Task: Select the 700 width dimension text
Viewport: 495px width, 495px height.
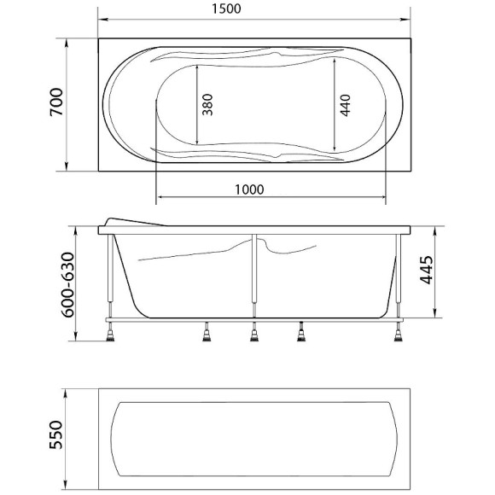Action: pyautogui.click(x=56, y=104)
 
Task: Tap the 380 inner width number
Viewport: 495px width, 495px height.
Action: pyautogui.click(x=208, y=104)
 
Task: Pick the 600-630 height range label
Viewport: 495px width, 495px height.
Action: pyautogui.click(x=56, y=286)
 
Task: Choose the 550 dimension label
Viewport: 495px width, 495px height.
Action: pyautogui.click(x=56, y=438)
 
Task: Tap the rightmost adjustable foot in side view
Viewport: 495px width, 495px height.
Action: pyautogui.click(x=399, y=334)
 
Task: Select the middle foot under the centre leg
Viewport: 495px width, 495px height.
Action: pyautogui.click(x=254, y=335)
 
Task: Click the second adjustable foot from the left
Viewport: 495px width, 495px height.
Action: pyautogui.click(x=206, y=335)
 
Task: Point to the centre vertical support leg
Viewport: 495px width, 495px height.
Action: pyautogui.click(x=253, y=273)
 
